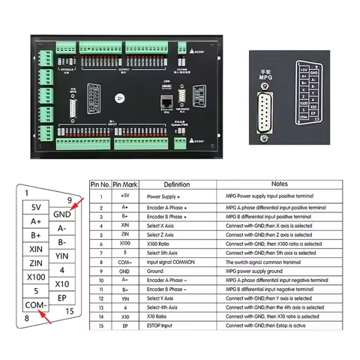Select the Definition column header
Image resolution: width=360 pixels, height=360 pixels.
176,184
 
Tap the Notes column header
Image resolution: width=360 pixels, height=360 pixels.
280,184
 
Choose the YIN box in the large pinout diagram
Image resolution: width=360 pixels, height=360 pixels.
62,256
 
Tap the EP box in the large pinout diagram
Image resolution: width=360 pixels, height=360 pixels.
62,298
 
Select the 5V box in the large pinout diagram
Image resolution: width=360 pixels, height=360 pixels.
35,205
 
